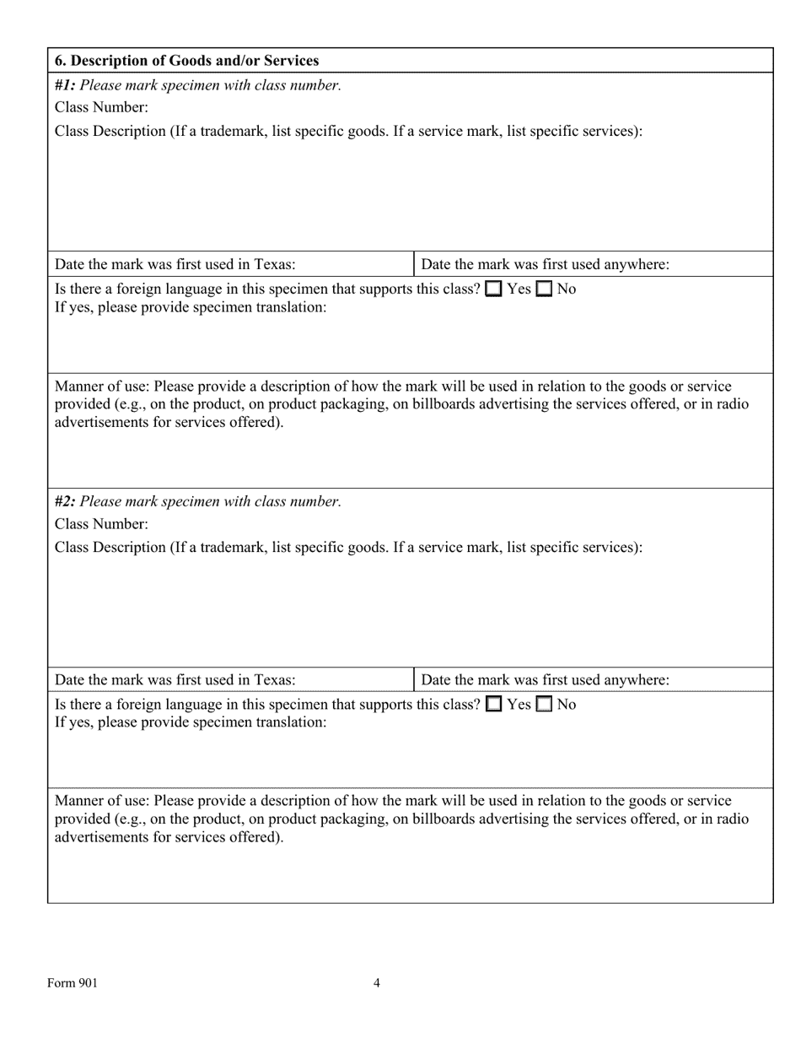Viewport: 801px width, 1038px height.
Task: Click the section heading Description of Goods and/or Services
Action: tap(186, 61)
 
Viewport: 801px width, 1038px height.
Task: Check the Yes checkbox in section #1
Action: tap(494, 289)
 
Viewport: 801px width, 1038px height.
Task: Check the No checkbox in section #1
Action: tap(545, 289)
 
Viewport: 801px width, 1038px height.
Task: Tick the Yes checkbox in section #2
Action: tap(494, 704)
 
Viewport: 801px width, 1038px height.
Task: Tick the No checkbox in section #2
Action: tap(545, 704)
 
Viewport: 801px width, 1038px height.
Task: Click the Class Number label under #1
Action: tap(101, 107)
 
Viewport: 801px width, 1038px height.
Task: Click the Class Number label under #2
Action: tap(101, 524)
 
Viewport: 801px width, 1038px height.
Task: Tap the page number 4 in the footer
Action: tap(377, 982)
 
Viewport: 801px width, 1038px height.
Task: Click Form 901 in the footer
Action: tap(73, 982)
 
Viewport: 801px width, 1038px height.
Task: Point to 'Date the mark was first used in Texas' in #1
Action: tap(175, 264)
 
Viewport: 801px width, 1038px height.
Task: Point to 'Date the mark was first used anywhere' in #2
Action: tap(545, 680)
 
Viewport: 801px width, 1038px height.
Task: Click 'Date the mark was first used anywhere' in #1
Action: tap(545, 264)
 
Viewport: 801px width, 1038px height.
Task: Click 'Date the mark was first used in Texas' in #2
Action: tap(175, 680)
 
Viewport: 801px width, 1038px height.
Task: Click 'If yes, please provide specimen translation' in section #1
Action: tap(191, 307)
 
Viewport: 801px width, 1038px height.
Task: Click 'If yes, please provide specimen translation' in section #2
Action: tap(191, 722)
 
